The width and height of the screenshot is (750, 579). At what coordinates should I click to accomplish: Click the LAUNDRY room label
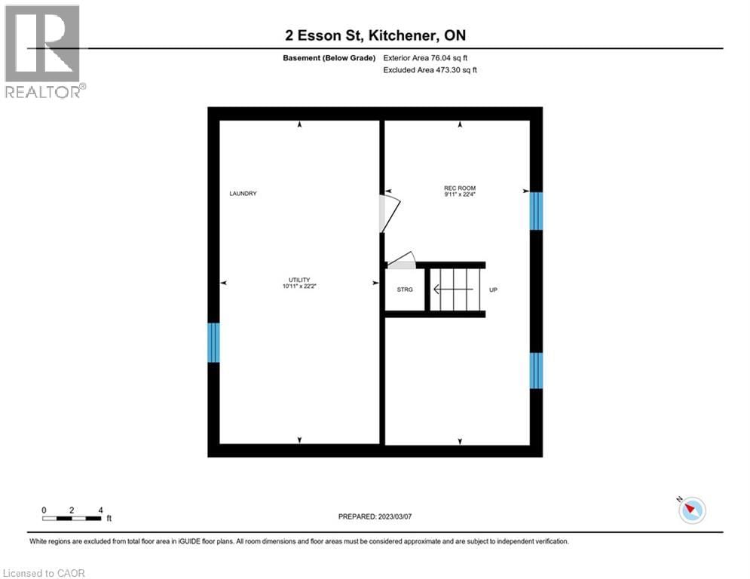pos(243,194)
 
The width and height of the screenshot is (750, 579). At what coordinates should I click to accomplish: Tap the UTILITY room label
pos(299,280)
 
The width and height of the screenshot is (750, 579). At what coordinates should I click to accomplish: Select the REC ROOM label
pos(459,188)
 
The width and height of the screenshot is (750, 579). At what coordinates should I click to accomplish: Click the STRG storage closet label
pos(405,289)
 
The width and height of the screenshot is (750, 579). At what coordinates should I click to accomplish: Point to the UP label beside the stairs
pos(493,289)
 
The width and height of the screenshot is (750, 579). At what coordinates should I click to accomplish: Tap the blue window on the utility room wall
pos(214,342)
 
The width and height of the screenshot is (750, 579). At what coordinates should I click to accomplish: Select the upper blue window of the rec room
pos(536,210)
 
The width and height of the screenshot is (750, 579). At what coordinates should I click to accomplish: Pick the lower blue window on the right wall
pos(536,370)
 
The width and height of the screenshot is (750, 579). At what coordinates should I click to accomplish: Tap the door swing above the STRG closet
pos(402,260)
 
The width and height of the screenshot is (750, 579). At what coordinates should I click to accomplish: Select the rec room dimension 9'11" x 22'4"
pos(459,195)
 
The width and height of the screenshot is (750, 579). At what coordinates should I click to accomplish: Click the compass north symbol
pos(691,510)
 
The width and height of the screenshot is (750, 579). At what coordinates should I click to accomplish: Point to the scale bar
pos(72,518)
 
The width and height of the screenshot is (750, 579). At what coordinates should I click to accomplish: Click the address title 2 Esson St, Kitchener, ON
pos(375,35)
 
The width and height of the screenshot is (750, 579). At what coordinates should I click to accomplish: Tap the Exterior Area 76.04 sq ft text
pos(430,57)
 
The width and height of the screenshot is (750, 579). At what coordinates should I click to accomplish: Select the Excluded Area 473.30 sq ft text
pos(430,69)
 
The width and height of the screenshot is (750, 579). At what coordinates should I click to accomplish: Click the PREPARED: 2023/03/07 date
pos(375,516)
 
